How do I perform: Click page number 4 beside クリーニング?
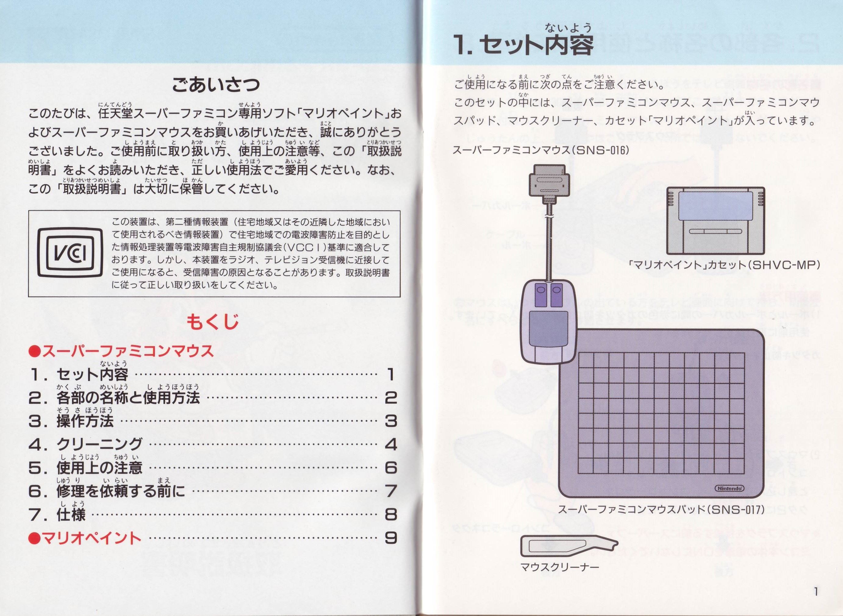390,444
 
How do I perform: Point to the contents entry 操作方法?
85,421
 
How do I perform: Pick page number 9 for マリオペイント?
390,538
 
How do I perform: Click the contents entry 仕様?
71,515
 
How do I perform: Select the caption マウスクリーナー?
560,568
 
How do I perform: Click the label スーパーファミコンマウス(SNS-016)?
541,151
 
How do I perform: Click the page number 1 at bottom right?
816,592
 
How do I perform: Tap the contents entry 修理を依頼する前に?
120,491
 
